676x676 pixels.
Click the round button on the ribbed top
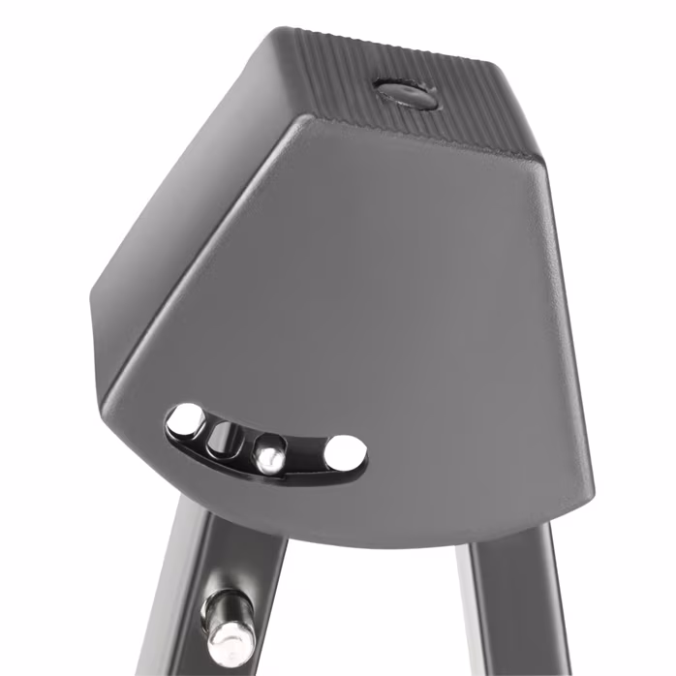tap(406, 94)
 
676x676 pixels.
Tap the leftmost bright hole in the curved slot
tap(184, 420)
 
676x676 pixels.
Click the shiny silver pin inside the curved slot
tap(269, 451)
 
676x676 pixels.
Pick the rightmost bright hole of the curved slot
tap(345, 452)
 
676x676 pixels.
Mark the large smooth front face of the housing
tap(387, 291)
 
